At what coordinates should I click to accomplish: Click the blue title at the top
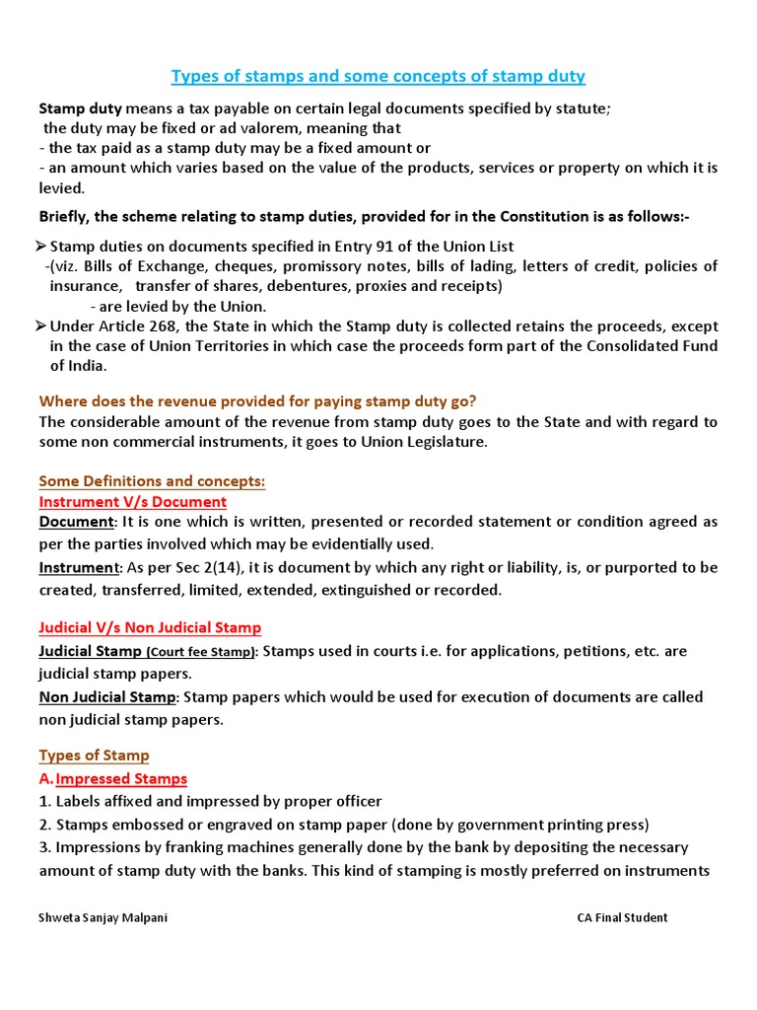click(378, 76)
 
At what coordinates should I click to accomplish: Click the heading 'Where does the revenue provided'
click(257, 400)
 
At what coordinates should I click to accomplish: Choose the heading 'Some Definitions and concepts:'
click(152, 481)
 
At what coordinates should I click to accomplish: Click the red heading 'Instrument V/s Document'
click(133, 502)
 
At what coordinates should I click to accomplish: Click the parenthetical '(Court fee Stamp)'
click(201, 653)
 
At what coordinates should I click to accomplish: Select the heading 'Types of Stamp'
click(94, 756)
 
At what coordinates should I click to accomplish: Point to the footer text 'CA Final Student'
click(622, 917)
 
